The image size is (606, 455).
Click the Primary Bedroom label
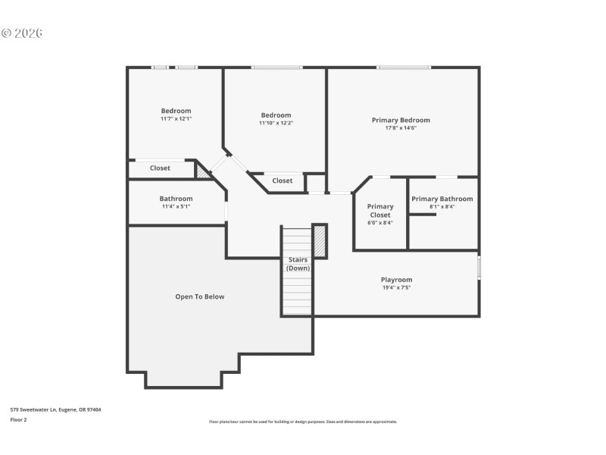pyautogui.click(x=400, y=120)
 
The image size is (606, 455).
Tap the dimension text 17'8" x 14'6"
pyautogui.click(x=400, y=128)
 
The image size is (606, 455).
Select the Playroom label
pyautogui.click(x=396, y=280)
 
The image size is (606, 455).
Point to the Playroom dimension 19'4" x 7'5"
pyautogui.click(x=396, y=288)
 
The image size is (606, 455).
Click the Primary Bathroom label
pyautogui.click(x=442, y=199)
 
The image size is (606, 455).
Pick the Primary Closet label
pyautogui.click(x=380, y=211)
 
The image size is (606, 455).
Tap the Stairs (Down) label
pyautogui.click(x=298, y=264)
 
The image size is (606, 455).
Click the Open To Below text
pyautogui.click(x=200, y=297)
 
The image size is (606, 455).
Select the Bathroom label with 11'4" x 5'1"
pyautogui.click(x=176, y=199)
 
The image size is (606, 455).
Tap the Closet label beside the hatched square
pyautogui.click(x=160, y=168)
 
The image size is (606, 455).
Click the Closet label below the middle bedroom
pyautogui.click(x=283, y=180)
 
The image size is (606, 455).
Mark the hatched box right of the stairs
pyautogui.click(x=320, y=241)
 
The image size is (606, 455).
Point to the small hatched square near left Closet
pyautogui.click(x=202, y=171)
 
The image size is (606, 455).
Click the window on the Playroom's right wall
pyautogui.click(x=479, y=268)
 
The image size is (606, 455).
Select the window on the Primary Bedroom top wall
pyautogui.click(x=404, y=67)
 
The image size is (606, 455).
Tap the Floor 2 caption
pyautogui.click(x=18, y=419)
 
